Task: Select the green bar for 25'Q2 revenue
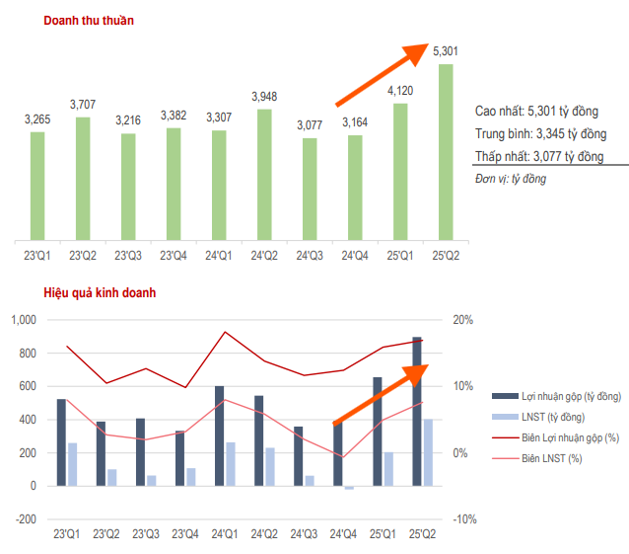tap(446, 152)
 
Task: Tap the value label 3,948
tap(264, 96)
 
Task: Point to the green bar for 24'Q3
tap(310, 189)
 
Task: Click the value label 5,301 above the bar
tap(446, 50)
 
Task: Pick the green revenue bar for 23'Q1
tap(37, 186)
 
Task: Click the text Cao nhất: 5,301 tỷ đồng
tap(536, 112)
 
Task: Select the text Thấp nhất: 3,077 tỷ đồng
tap(538, 156)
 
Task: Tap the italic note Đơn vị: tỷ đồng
tap(510, 179)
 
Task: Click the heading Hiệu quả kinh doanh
tap(99, 293)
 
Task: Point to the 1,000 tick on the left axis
tap(22, 320)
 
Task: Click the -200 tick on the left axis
tap(24, 519)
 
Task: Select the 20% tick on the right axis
tap(463, 320)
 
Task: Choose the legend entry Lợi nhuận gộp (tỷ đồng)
tap(566, 396)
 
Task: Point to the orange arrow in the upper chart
tap(383, 74)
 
